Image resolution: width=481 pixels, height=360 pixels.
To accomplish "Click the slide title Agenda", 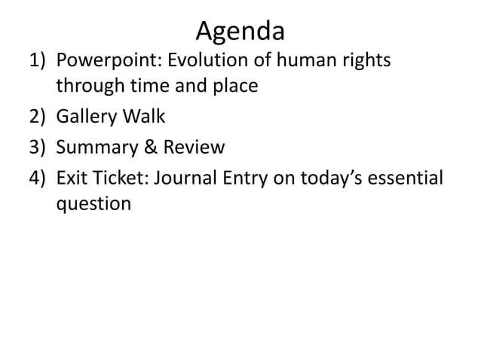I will pyautogui.click(x=240, y=31).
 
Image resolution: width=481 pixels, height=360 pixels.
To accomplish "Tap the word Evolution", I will pyautogui.click(x=197, y=59).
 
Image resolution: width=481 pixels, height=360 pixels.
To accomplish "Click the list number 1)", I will pyautogui.click(x=40, y=60).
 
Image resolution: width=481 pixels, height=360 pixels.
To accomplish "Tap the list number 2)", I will pyautogui.click(x=40, y=117).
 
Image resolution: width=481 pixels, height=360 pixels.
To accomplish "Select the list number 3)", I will pyautogui.click(x=40, y=146).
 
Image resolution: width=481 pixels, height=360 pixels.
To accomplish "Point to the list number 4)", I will pyautogui.click(x=40, y=176).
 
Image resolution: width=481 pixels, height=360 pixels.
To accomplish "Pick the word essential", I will pyautogui.click(x=406, y=175).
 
